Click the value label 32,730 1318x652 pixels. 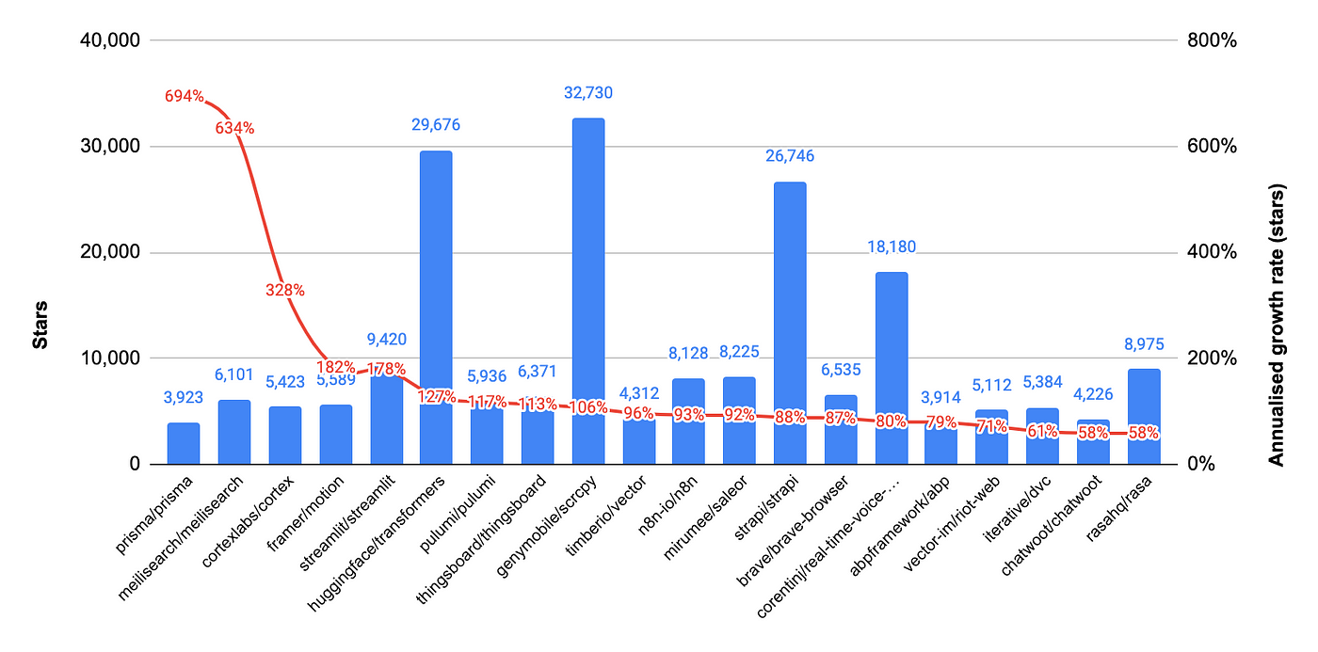588,93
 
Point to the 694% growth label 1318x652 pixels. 185,96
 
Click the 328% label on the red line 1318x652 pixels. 284,291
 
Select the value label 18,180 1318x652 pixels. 892,247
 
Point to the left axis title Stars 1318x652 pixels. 40,325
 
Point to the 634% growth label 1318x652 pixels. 234,128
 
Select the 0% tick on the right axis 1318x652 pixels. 1202,465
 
